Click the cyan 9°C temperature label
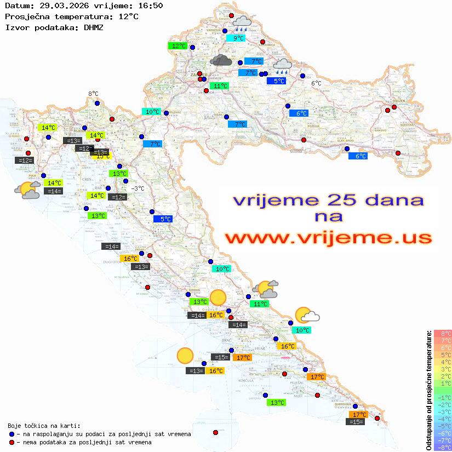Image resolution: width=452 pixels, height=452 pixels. pyautogui.click(x=239, y=38)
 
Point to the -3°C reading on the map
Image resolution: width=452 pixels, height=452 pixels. pyautogui.click(x=138, y=188)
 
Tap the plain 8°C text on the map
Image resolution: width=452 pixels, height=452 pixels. pyautogui.click(x=93, y=94)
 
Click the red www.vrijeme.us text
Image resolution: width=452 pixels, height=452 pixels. pyautogui.click(x=328, y=237)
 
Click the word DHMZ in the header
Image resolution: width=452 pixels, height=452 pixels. pyautogui.click(x=93, y=27)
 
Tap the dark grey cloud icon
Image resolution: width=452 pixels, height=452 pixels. pyautogui.click(x=221, y=60)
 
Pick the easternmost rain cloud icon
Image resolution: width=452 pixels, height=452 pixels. pyautogui.click(x=283, y=66)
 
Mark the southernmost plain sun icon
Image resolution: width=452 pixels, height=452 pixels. pyautogui.click(x=185, y=356)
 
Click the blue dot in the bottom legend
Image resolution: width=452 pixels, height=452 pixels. pyautogui.click(x=12, y=434)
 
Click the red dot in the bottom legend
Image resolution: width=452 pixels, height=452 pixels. pyautogui.click(x=12, y=442)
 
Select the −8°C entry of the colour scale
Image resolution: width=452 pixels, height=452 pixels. pyautogui.click(x=442, y=448)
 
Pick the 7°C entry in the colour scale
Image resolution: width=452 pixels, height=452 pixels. pyautogui.click(x=442, y=341)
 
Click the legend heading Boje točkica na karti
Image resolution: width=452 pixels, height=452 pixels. pyautogui.click(x=44, y=426)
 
